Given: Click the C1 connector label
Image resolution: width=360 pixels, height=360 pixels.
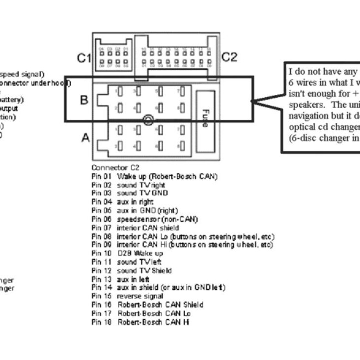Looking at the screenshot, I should click(x=84, y=58).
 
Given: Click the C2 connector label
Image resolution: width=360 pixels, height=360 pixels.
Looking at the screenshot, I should click(x=229, y=57).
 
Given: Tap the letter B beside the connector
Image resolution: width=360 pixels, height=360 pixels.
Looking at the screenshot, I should click(x=84, y=100).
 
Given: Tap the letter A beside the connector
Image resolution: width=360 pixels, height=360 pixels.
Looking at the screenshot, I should click(x=85, y=138).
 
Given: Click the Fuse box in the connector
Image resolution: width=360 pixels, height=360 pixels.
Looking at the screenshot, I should click(x=205, y=117).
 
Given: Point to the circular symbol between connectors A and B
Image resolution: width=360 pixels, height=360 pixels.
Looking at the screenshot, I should click(x=148, y=120).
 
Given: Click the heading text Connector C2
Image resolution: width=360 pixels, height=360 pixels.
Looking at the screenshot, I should click(x=111, y=167).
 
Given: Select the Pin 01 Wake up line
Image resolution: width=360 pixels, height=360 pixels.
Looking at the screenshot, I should click(x=154, y=176).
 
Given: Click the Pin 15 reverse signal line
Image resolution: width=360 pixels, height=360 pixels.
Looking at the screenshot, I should click(x=128, y=296).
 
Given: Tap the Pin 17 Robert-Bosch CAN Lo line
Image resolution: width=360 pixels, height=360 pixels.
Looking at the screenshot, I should click(x=141, y=313).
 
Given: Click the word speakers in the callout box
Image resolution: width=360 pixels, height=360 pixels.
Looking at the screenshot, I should click(x=306, y=104).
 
